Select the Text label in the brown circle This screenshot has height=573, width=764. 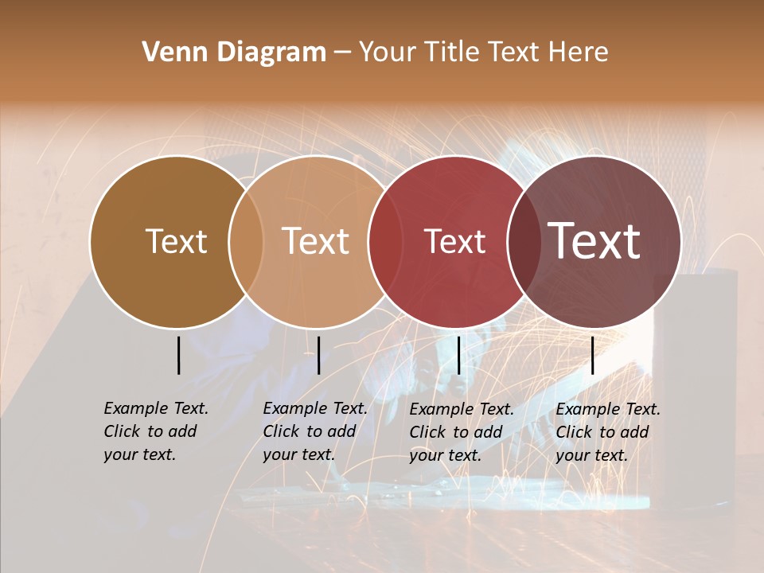click(176, 241)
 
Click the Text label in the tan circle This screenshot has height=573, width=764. click(315, 241)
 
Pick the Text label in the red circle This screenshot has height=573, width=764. click(454, 241)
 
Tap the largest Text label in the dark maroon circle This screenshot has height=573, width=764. click(594, 240)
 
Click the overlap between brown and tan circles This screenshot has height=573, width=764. click(246, 242)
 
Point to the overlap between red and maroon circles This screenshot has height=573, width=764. click(524, 242)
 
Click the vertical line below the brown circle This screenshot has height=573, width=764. click(179, 355)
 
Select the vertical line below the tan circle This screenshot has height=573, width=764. click(318, 355)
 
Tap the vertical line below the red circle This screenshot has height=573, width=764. click(459, 355)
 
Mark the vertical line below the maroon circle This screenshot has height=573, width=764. click(593, 355)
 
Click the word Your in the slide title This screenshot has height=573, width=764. click(388, 53)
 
